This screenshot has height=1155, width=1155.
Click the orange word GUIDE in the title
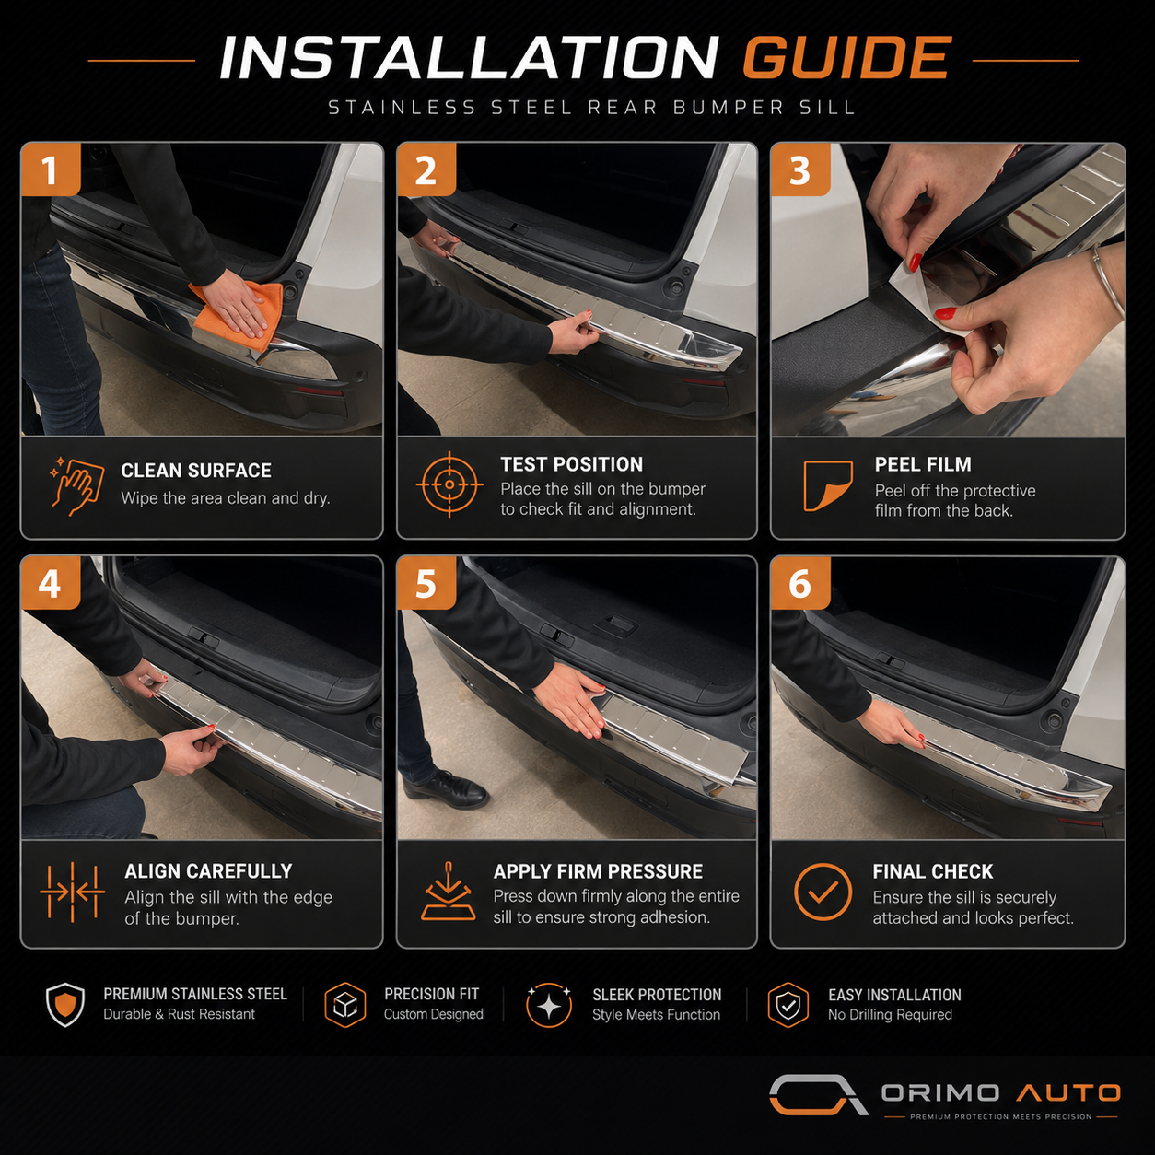pyautogui.click(x=846, y=58)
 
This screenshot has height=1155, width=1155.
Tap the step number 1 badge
pyautogui.click(x=51, y=169)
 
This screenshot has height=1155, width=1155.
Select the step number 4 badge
pyautogui.click(x=51, y=583)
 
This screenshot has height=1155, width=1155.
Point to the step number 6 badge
pyautogui.click(x=800, y=583)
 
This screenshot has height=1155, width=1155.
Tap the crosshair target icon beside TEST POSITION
pyautogui.click(x=449, y=484)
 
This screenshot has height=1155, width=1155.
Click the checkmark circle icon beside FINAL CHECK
pyautogui.click(x=822, y=892)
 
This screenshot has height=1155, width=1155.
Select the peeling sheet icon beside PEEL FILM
pyautogui.click(x=828, y=485)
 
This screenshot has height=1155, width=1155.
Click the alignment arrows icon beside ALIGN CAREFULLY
pyautogui.click(x=73, y=892)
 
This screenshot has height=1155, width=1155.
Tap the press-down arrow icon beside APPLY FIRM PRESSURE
pyautogui.click(x=449, y=892)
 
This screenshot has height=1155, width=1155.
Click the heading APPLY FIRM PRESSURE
pyautogui.click(x=598, y=871)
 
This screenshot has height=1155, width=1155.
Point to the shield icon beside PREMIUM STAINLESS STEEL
pyautogui.click(x=64, y=1005)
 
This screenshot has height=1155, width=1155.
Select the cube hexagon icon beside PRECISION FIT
pyautogui.click(x=345, y=1005)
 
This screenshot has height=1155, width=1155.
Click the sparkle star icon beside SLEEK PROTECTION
pyautogui.click(x=548, y=1005)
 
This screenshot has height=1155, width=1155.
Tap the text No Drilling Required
pyautogui.click(x=890, y=1015)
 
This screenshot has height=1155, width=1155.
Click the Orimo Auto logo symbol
pyautogui.click(x=819, y=1094)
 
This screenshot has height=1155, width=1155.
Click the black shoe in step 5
pyautogui.click(x=446, y=787)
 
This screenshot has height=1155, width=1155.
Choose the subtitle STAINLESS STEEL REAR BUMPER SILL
pyautogui.click(x=591, y=108)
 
